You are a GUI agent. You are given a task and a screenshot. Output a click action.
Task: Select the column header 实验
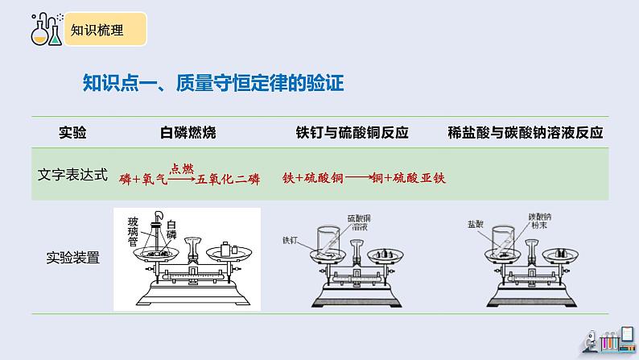[73, 133]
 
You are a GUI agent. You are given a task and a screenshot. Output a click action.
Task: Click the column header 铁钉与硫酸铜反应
[352, 133]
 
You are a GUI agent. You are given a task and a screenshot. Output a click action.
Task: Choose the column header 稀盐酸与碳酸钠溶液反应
[525, 133]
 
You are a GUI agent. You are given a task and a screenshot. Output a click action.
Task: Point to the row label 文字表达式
[73, 173]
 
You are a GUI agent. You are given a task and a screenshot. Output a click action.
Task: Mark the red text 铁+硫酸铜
[314, 178]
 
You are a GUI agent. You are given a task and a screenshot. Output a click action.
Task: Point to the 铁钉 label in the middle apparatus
[291, 239]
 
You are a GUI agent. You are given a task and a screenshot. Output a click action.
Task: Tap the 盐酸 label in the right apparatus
[475, 222]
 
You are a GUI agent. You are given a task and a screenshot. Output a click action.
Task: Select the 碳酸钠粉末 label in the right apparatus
[539, 222]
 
